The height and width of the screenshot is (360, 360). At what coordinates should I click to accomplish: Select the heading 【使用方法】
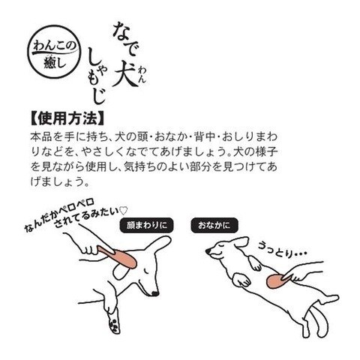click(x=67, y=118)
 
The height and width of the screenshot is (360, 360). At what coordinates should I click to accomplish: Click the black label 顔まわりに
click(x=147, y=225)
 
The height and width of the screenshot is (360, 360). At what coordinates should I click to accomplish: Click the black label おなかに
click(x=214, y=225)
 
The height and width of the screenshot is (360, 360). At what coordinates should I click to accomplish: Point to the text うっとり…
click(x=282, y=250)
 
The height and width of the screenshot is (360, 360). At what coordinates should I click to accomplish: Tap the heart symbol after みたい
click(x=124, y=211)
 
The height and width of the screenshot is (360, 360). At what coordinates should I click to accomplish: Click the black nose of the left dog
click(x=155, y=293)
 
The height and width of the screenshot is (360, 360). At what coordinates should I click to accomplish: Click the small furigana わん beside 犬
click(x=142, y=74)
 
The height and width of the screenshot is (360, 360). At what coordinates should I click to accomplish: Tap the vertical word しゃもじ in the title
click(x=97, y=76)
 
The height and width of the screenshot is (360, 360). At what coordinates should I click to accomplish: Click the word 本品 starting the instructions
click(x=40, y=137)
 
